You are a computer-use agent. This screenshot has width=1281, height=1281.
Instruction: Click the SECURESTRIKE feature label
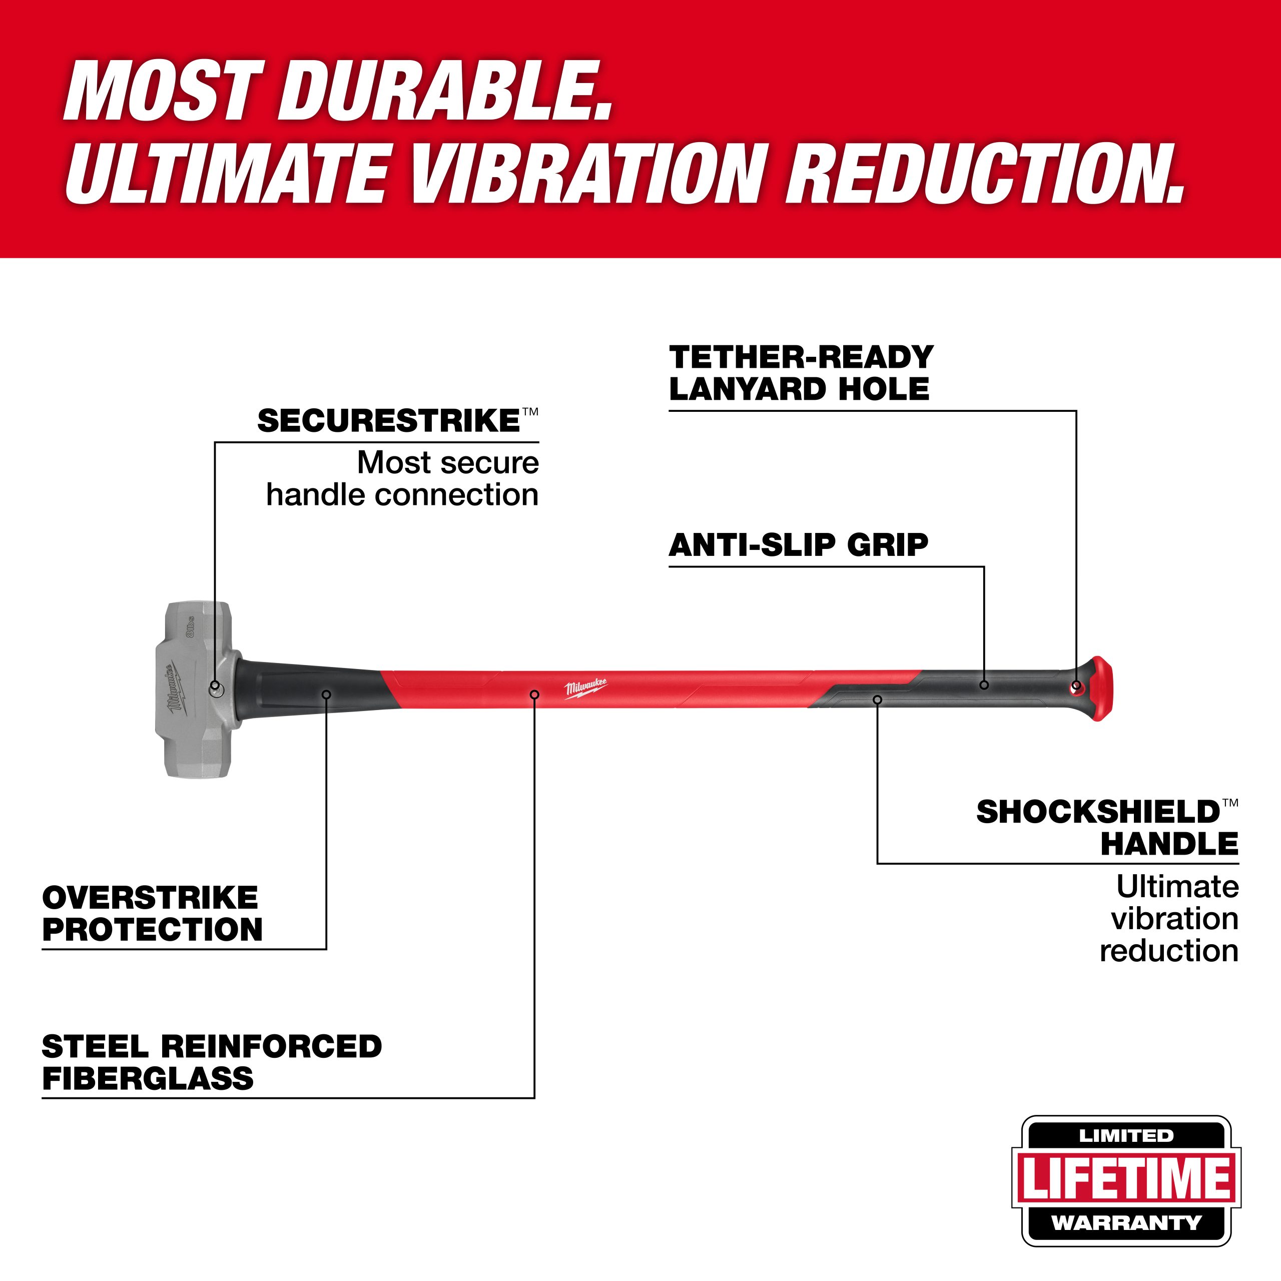[390, 421]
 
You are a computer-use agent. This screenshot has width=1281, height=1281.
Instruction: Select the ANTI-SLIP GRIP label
[798, 545]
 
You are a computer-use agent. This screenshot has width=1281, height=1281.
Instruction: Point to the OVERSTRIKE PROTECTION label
[152, 914]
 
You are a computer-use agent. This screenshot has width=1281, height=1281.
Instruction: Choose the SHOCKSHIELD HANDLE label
[1107, 828]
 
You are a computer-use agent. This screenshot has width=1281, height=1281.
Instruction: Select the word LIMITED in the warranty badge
[1126, 1136]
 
